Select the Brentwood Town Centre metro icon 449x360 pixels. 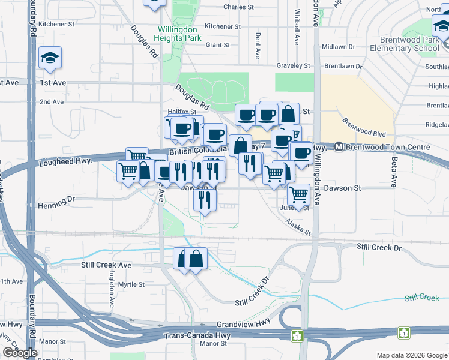[339, 147]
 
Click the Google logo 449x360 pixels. [20, 353]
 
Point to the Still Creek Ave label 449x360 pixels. [106, 265]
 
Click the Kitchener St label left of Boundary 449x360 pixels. [56, 25]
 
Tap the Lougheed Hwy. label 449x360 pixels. [65, 161]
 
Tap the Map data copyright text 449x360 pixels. [411, 355]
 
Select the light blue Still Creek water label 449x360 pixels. [421, 298]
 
